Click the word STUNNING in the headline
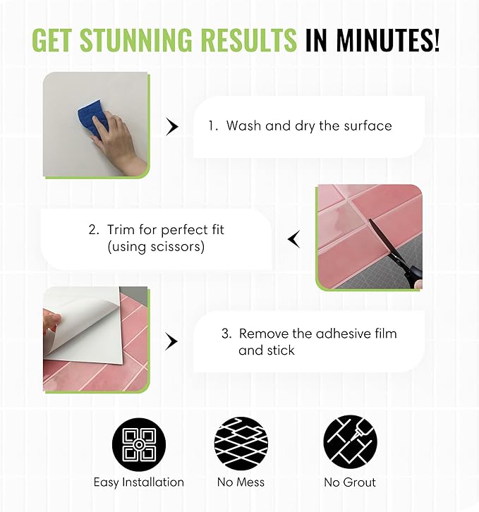coord(138,39)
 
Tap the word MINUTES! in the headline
coord(388,39)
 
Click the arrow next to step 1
coord(172,126)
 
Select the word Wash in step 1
coord(244,126)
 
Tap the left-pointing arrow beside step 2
coord(293,239)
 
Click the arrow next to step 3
coord(171,341)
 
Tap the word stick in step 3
coord(281,351)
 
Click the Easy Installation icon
coord(139,444)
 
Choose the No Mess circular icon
coord(241,444)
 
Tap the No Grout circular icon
coord(351,442)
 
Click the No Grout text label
coord(350,482)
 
